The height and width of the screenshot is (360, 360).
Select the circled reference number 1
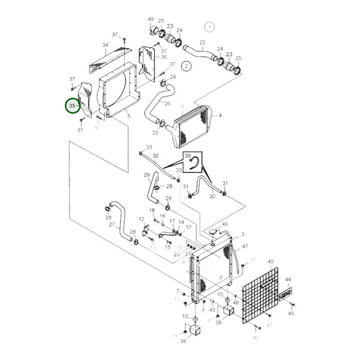209,27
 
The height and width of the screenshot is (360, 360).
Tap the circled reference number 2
187,66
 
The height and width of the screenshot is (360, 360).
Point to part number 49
151,20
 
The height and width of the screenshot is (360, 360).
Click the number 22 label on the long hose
203,42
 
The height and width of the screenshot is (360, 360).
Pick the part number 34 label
105,45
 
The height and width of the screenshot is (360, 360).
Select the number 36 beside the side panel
163,57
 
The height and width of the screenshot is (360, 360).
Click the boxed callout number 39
188,155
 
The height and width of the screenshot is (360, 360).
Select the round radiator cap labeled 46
215,233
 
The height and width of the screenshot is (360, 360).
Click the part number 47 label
245,247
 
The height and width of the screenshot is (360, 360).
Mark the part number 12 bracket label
141,220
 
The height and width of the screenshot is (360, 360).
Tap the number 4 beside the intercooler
220,115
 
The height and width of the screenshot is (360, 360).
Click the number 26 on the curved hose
168,103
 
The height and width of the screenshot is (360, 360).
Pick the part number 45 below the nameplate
291,313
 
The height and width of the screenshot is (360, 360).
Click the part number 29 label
146,175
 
